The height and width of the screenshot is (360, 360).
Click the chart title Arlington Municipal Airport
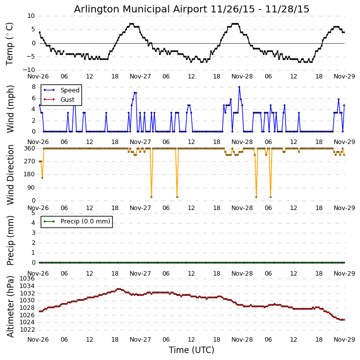click(x=192, y=9)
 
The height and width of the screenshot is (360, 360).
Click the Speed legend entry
click(x=70, y=90)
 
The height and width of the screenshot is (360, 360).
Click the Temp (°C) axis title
click(x=10, y=43)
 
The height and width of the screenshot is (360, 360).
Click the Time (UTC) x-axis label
click(x=192, y=350)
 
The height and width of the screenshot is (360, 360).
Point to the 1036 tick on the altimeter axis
click(x=28, y=279)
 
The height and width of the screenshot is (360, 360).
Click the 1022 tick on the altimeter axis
click(x=28, y=329)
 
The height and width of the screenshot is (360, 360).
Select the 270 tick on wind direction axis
click(x=30, y=161)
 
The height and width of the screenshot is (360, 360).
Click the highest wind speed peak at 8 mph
click(x=239, y=87)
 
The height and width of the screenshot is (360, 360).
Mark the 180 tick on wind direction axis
click(x=30, y=174)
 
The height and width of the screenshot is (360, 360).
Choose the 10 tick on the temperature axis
click(x=31, y=16)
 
